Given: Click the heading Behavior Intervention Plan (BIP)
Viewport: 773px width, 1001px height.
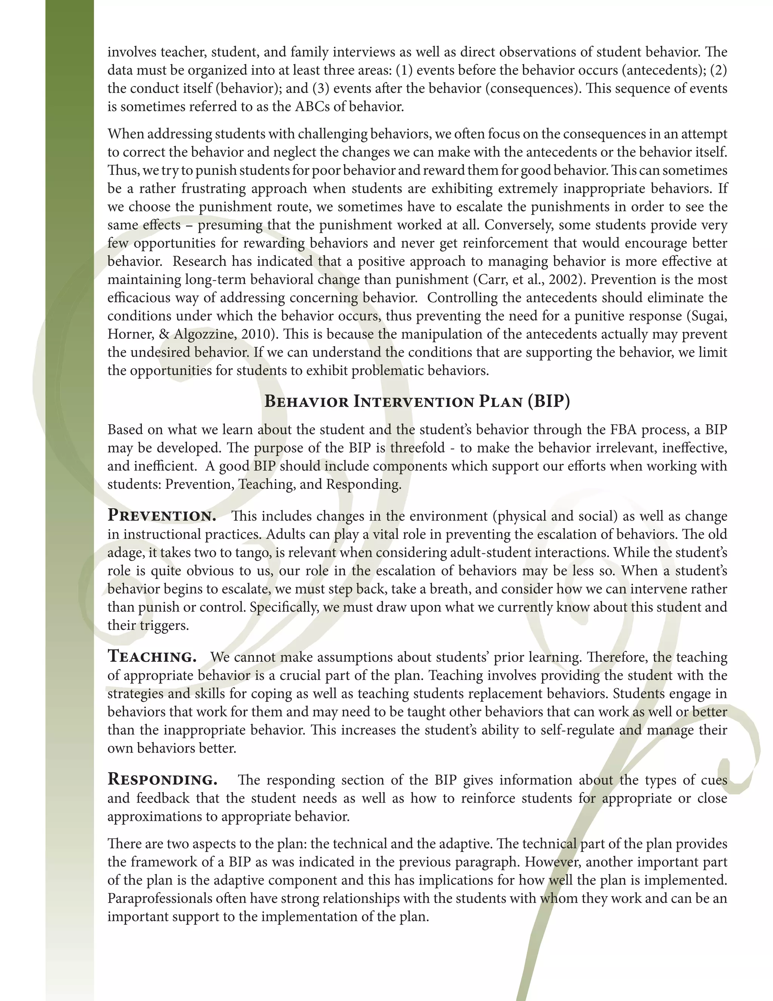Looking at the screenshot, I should pyautogui.click(x=417, y=402).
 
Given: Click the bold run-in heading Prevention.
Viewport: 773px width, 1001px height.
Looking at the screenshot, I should pyautogui.click(x=162, y=516).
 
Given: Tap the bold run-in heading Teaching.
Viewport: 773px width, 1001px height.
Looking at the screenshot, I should pyautogui.click(x=152, y=657).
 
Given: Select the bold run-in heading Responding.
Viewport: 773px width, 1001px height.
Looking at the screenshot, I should pyautogui.click(x=162, y=780).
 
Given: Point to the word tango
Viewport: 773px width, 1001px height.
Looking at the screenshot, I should pyautogui.click(x=253, y=553).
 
